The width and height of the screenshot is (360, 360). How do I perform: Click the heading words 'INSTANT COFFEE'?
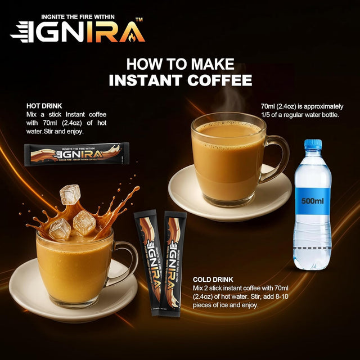point(180,79)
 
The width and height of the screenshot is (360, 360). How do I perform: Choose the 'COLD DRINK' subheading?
point(214,280)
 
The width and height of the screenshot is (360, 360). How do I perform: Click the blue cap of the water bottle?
point(313,145)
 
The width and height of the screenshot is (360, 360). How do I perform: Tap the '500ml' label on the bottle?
point(312,200)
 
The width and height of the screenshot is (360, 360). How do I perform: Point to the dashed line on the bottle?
point(312,248)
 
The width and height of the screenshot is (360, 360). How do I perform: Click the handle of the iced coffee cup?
point(127,260)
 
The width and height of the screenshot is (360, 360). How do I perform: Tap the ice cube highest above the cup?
point(70,194)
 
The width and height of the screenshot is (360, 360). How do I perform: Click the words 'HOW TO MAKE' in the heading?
point(180,63)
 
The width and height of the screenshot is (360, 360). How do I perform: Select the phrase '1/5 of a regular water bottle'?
point(299,115)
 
